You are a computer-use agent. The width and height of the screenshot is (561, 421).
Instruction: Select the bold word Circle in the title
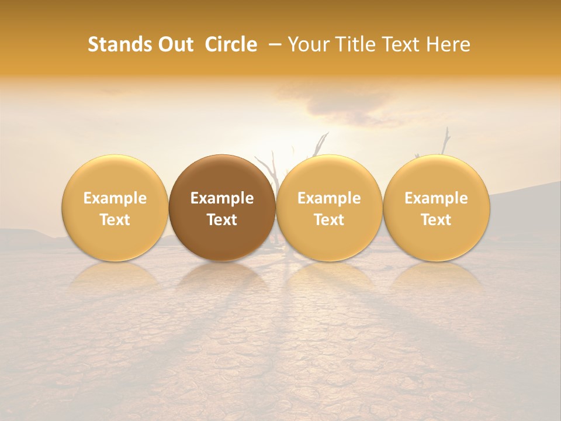click(231, 44)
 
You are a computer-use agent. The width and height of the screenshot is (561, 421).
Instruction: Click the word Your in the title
click(307, 44)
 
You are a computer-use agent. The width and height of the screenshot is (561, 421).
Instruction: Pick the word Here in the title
click(449, 44)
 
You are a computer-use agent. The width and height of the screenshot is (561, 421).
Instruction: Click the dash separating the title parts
click(273, 44)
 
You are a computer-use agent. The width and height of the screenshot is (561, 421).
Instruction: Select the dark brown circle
click(222, 208)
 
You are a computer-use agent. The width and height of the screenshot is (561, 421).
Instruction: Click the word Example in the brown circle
click(222, 198)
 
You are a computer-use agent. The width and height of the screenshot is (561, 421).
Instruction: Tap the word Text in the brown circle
click(222, 220)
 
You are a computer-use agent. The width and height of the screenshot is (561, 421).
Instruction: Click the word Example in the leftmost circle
click(115, 198)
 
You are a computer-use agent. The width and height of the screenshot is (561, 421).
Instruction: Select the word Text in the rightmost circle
click(436, 220)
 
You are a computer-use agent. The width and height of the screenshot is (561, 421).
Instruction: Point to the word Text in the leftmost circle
click(115, 220)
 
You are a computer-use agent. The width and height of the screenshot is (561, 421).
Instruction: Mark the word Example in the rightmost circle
click(436, 198)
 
